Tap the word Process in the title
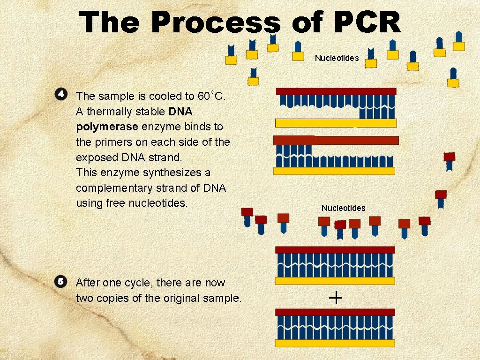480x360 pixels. click(216, 22)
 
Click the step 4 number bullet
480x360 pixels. click(60, 94)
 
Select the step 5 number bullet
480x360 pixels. click(60, 282)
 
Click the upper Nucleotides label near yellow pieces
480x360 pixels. click(337, 58)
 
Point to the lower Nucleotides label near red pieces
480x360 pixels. click(343, 208)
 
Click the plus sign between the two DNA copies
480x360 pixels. click(336, 297)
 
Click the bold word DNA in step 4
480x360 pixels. click(180, 112)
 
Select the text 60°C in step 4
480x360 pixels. click(212, 96)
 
